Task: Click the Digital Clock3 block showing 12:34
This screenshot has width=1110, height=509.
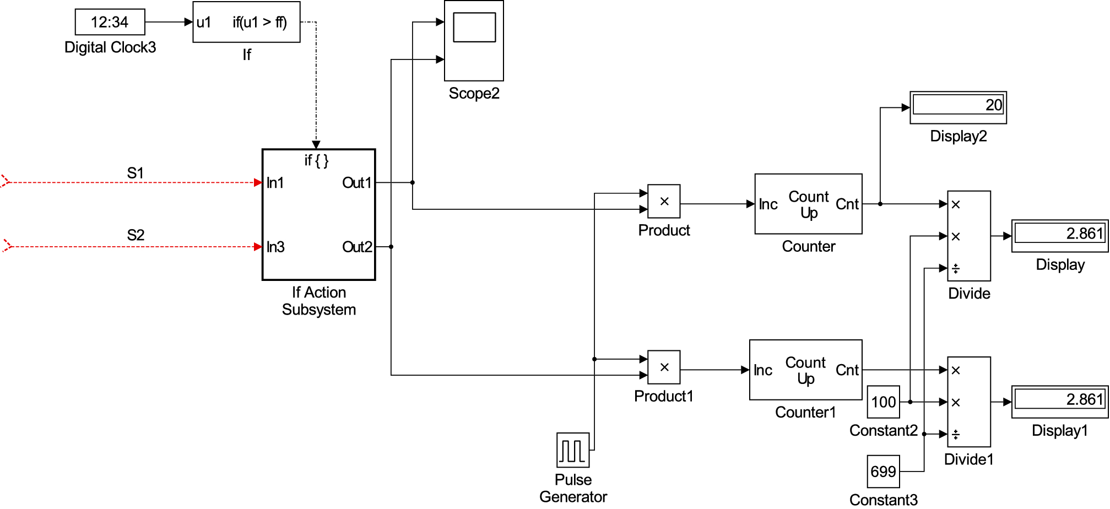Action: click(x=110, y=22)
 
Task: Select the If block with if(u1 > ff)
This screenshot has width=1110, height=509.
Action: click(x=246, y=22)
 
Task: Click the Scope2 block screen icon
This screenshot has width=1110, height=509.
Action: click(x=474, y=27)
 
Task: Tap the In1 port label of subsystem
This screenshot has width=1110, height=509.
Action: click(x=275, y=183)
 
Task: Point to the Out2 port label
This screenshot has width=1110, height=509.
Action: click(x=357, y=247)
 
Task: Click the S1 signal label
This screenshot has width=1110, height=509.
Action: click(x=136, y=173)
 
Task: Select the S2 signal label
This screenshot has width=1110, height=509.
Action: click(x=136, y=235)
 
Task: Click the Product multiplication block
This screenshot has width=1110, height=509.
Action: click(x=664, y=202)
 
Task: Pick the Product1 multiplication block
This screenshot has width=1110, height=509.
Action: click(x=664, y=367)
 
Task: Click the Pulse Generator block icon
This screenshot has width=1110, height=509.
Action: click(x=573, y=450)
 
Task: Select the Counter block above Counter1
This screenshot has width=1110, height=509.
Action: click(x=808, y=204)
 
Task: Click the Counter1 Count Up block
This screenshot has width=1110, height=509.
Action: click(x=805, y=370)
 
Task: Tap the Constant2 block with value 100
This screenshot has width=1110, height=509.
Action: click(x=883, y=402)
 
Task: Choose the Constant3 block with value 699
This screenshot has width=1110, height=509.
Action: click(x=883, y=472)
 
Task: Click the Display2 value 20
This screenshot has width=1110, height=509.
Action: click(x=993, y=105)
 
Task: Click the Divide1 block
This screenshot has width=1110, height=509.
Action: click(x=969, y=402)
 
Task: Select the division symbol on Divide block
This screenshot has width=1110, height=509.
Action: click(x=956, y=269)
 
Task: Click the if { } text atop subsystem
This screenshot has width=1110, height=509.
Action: click(x=317, y=160)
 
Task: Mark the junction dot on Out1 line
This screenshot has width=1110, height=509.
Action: click(x=413, y=182)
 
